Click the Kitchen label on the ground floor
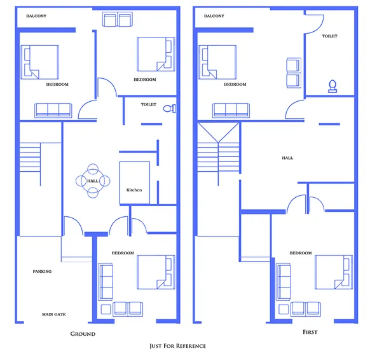pos(134,191)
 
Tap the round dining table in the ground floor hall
pos(92,181)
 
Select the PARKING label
pos(42,272)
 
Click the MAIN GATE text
pos(54,314)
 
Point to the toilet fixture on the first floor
pos(332,87)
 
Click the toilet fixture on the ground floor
pos(168,108)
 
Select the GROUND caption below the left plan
pos(83,334)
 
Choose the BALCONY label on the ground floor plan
pos(36,15)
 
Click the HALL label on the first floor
pos(287,158)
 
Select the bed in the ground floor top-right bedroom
pos(155,54)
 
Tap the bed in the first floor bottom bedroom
pos(332,272)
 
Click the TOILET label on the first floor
pos(329,36)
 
